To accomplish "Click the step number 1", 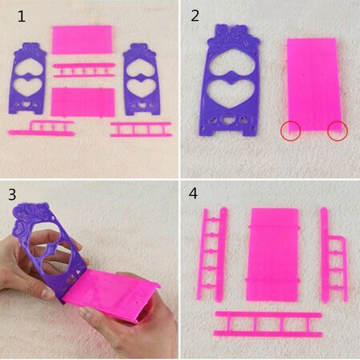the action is click(22, 17).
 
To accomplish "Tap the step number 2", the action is click(195, 16).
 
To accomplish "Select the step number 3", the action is click(12, 194).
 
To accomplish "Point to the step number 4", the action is click(193, 193).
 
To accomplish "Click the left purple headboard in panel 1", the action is click(28, 79).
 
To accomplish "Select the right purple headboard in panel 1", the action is click(140, 80).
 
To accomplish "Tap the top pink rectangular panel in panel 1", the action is click(82, 40).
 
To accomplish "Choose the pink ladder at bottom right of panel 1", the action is click(141, 130).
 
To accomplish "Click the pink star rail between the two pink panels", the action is click(84, 70).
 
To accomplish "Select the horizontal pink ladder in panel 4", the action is click(268, 324).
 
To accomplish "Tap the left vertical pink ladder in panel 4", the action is click(212, 255).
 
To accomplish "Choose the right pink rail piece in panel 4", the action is click(334, 255).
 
